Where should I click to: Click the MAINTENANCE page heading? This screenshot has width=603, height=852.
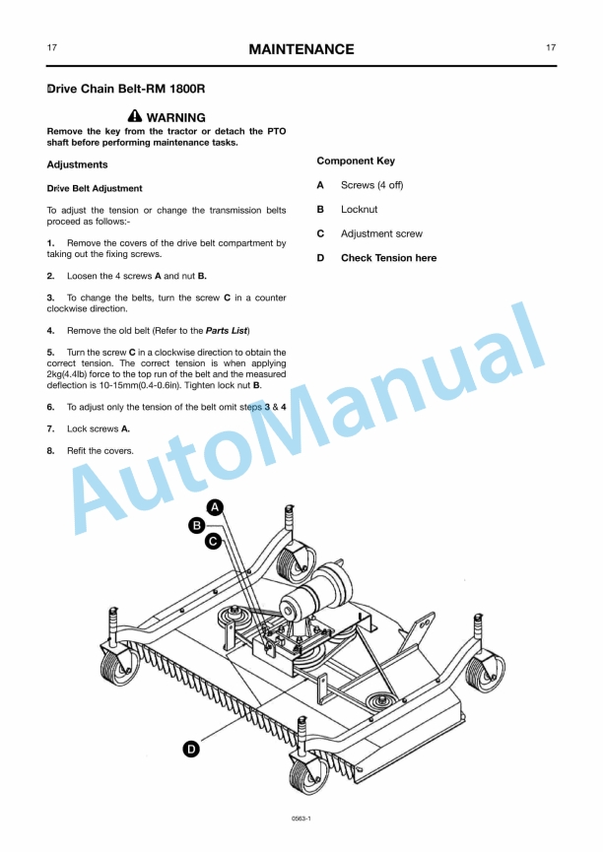(x=301, y=49)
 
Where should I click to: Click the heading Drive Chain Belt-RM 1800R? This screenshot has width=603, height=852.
(x=126, y=89)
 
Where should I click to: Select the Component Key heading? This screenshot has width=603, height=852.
(x=356, y=161)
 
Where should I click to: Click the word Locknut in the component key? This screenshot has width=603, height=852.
(x=359, y=209)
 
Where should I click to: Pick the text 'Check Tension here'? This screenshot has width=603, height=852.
(x=388, y=258)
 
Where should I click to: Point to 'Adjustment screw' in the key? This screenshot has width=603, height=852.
(x=381, y=233)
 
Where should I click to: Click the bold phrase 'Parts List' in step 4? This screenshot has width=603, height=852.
(x=227, y=330)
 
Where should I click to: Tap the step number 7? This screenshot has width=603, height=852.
(x=50, y=428)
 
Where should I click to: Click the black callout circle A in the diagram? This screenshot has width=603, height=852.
(x=215, y=507)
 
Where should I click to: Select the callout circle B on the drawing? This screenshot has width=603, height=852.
(x=197, y=525)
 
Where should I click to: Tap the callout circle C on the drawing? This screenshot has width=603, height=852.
(x=213, y=541)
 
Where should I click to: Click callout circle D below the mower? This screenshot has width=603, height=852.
(x=190, y=750)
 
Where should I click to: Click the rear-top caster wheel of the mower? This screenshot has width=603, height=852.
(x=293, y=565)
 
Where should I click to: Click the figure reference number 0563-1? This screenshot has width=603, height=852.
(x=301, y=819)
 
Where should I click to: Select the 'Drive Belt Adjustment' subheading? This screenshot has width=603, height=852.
(x=95, y=188)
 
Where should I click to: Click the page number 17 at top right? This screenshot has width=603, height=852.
(x=550, y=47)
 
